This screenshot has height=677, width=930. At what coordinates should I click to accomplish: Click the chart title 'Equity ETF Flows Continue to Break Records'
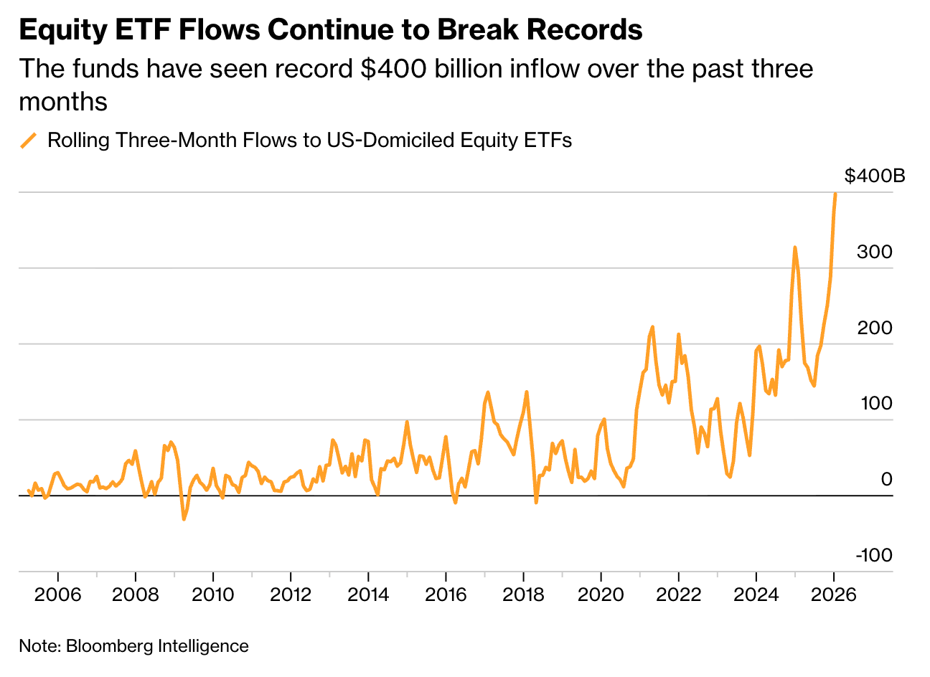pos(331,30)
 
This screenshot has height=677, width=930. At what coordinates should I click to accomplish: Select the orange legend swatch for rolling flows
pos(29,140)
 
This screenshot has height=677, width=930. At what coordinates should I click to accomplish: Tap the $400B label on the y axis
pos(874,176)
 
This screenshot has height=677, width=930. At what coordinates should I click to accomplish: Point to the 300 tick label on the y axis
pos(874,252)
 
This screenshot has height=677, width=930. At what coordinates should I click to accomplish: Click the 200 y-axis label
pos(874,328)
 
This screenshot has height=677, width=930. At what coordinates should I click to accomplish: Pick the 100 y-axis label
pos(876,403)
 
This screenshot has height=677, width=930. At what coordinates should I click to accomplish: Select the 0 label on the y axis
pos(886,479)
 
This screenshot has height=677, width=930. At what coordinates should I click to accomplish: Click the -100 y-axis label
pos(873,555)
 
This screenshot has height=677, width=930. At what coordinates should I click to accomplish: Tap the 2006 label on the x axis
pos(58,595)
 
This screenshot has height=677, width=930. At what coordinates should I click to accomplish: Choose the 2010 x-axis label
pos(213,595)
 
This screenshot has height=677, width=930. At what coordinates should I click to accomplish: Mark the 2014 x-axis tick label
pos(368,595)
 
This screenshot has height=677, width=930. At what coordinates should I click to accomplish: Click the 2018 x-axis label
pos(523,595)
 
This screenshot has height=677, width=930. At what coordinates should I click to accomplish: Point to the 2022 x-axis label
pos(678,595)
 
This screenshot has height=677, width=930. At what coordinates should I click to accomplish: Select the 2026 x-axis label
pos(833,595)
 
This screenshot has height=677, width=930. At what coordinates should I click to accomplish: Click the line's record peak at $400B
pos(835,194)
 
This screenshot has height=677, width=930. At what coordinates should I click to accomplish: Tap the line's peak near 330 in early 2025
pos(794,247)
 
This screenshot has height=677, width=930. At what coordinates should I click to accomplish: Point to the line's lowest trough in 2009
pos(184,519)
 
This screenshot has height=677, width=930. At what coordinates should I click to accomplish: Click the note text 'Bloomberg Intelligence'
pos(156,646)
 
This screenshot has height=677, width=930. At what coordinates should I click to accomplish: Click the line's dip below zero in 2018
pos(535,502)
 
